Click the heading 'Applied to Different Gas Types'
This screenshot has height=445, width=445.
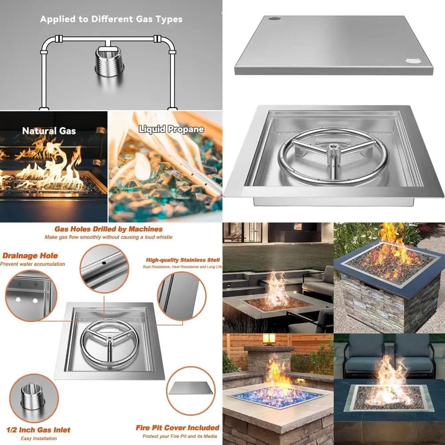(x=111, y=19)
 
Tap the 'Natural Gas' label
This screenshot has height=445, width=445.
(x=49, y=131)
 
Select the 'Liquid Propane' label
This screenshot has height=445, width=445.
(x=171, y=129)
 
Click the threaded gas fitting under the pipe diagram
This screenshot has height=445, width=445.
(x=109, y=62)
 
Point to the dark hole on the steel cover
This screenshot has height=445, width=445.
(x=275, y=18)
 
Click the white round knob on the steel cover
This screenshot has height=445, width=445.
(x=413, y=61)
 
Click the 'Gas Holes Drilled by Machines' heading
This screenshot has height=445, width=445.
(x=109, y=229)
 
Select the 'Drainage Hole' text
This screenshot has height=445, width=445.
(x=30, y=256)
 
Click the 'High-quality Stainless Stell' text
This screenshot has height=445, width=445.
(x=183, y=260)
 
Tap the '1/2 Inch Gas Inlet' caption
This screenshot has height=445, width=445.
(x=38, y=430)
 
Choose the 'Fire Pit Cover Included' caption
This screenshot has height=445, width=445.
(x=178, y=427)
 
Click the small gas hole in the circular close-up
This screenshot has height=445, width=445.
(x=104, y=263)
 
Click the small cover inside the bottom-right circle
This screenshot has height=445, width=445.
(x=191, y=388)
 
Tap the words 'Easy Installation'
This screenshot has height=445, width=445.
(x=39, y=438)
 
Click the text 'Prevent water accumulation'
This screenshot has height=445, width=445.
(x=32, y=264)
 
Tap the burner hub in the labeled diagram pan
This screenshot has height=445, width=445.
(x=109, y=338)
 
